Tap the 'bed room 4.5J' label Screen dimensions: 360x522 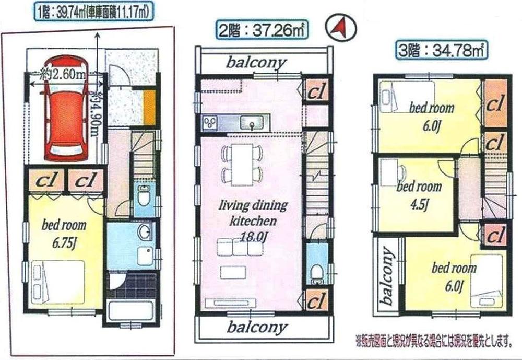pos(419,193)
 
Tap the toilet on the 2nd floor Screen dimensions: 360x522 pos(316,272)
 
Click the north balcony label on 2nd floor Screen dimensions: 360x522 pos(256,62)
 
